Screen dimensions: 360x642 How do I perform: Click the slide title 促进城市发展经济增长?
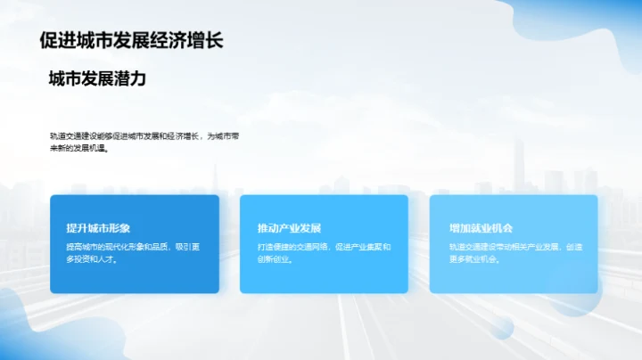[x=132, y=40]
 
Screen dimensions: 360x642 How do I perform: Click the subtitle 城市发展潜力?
[x=97, y=79]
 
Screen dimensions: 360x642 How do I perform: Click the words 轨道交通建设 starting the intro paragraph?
[x=72, y=136]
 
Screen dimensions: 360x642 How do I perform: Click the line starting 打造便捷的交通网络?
[x=324, y=246]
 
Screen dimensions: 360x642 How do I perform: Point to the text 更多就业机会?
[x=472, y=259]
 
